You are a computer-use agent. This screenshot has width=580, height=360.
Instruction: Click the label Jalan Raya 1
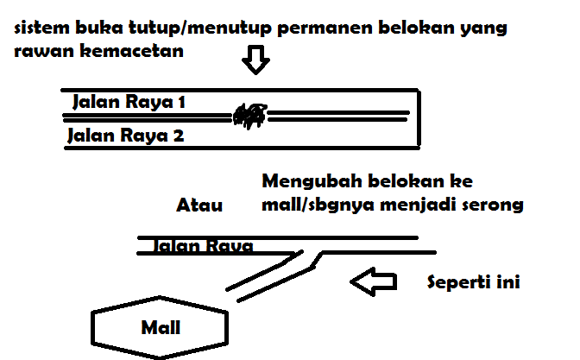[129, 102]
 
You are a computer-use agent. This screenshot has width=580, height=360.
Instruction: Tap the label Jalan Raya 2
[125, 135]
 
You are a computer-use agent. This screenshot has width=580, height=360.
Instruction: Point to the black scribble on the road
[249, 115]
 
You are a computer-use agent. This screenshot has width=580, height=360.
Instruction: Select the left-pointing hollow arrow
[374, 282]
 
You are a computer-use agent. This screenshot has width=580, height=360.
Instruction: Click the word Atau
[199, 205]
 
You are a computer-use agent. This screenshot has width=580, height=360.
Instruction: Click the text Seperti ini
[473, 282]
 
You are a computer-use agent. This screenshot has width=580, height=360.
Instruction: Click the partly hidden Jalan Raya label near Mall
[203, 246]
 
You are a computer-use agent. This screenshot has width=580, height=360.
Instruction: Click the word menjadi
[418, 207]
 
